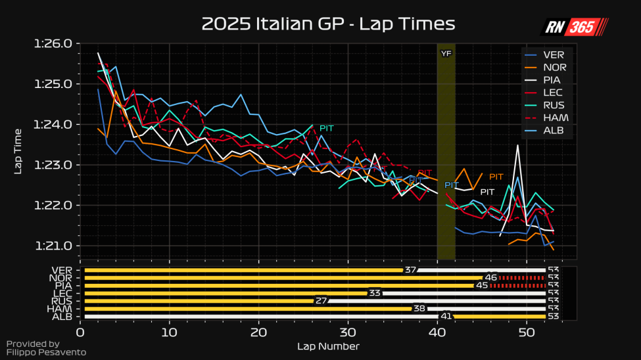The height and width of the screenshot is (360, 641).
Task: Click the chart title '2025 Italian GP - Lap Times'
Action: tap(328, 24)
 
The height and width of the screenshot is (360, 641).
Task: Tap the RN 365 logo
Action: tap(574, 27)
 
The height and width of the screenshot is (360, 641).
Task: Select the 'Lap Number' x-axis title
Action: tap(328, 346)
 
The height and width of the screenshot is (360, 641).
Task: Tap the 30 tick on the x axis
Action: tap(348, 332)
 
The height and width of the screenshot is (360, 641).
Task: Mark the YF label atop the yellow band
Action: tap(446, 53)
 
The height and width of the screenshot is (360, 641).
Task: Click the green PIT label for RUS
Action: tap(327, 128)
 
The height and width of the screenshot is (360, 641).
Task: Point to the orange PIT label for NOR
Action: tap(496, 177)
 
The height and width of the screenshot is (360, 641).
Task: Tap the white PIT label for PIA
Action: tap(487, 192)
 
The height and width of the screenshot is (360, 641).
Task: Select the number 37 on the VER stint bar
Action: tap(411, 270)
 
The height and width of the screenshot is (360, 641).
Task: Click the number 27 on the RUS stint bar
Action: tap(321, 301)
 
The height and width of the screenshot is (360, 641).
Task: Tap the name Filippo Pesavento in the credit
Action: tap(45, 352)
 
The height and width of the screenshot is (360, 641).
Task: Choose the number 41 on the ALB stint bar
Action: tap(446, 316)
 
